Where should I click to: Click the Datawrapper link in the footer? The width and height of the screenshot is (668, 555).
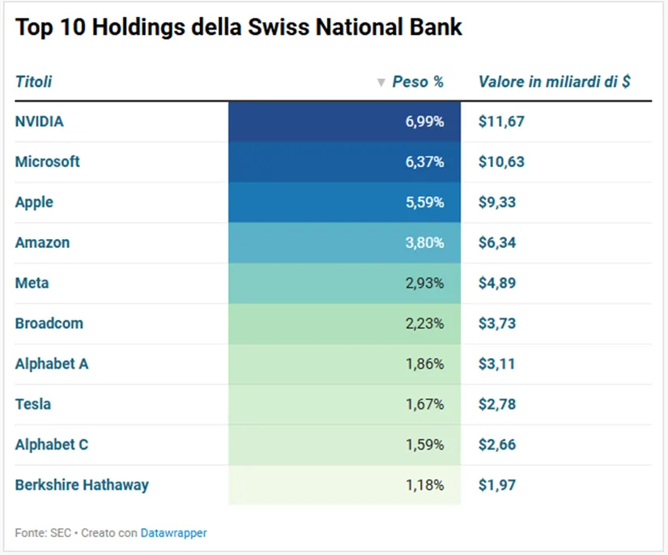tap(173, 533)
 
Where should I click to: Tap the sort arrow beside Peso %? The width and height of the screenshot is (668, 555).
tap(381, 83)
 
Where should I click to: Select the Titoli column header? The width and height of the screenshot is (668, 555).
tap(33, 81)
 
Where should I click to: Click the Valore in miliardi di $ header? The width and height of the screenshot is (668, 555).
tap(555, 81)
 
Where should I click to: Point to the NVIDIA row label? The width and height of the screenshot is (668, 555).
tap(39, 122)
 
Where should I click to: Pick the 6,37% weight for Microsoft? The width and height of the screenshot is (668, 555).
tap(425, 162)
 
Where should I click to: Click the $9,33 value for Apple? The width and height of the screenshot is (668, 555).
tap(496, 202)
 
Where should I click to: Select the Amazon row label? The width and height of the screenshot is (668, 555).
tap(42, 242)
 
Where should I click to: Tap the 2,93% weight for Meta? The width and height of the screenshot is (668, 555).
tap(425, 283)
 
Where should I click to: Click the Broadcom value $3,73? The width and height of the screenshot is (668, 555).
tap(496, 323)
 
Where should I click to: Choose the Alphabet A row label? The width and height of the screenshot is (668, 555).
tap(52, 364)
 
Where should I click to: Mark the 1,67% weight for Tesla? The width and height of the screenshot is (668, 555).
tap(425, 404)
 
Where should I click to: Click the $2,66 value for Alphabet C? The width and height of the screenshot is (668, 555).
tap(496, 445)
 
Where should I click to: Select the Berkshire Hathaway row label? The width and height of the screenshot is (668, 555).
tap(82, 485)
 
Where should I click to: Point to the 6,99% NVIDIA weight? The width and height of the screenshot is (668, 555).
tap(425, 122)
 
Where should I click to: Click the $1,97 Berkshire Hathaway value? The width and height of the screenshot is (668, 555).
tap(496, 485)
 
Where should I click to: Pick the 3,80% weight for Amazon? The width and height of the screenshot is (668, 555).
tap(425, 242)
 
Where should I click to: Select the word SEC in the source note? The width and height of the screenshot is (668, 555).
tap(61, 533)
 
